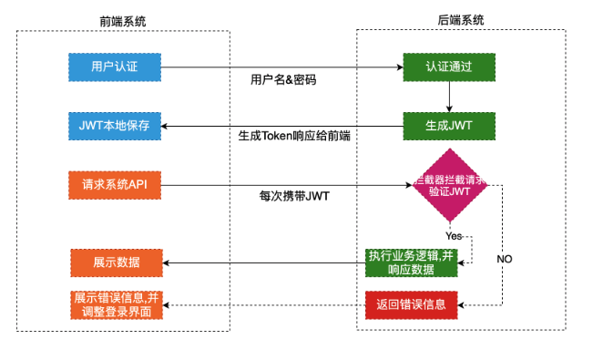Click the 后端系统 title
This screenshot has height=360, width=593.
pyautogui.click(x=460, y=19)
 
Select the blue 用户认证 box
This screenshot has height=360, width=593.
pyautogui.click(x=116, y=67)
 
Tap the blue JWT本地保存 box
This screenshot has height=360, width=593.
pyautogui.click(x=116, y=125)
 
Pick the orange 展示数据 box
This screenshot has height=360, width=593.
pyautogui.click(x=116, y=262)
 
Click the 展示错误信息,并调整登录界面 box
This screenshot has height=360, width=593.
pyautogui.click(x=116, y=304)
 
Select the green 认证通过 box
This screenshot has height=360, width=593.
pyautogui.click(x=449, y=67)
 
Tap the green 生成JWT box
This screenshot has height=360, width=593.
pyautogui.click(x=449, y=125)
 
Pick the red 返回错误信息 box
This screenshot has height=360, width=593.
pyautogui.click(x=411, y=304)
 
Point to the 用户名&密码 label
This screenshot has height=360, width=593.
pyautogui.click(x=282, y=80)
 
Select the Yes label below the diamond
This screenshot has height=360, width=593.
pyautogui.click(x=454, y=235)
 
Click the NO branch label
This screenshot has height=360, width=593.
pyautogui.click(x=504, y=259)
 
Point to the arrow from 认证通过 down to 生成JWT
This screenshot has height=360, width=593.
pyautogui.click(x=449, y=96)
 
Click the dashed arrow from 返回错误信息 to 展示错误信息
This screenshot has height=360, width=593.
pyautogui.click(x=264, y=304)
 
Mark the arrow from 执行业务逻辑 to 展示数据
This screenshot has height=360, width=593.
pyautogui.click(x=264, y=262)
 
